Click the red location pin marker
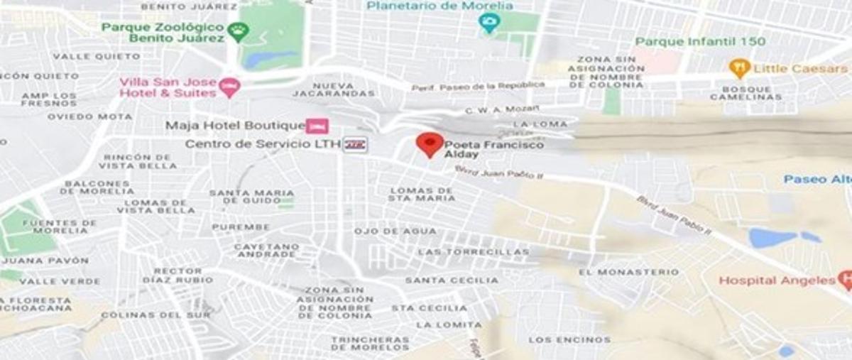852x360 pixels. point(430,143)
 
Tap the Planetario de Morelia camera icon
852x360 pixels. point(489,23)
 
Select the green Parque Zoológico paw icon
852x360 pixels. point(240,31)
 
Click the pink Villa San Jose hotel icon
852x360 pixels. point(229,87)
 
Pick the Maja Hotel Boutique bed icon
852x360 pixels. point(317,126)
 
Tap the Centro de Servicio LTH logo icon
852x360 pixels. point(356,144)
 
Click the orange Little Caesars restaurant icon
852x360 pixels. point(740,68)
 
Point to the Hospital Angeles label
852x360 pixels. point(777,280)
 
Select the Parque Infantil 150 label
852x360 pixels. point(700,41)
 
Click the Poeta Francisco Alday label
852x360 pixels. point(494,149)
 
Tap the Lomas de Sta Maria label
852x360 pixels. point(422,194)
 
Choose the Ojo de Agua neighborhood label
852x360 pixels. point(395,231)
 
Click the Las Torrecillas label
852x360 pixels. point(473,252)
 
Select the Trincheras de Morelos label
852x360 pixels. point(370,344)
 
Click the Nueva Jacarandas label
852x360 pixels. point(333,89)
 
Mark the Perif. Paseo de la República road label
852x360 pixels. point(478,86)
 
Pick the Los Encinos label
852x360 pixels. point(569,339)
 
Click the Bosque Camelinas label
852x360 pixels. point(751,93)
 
